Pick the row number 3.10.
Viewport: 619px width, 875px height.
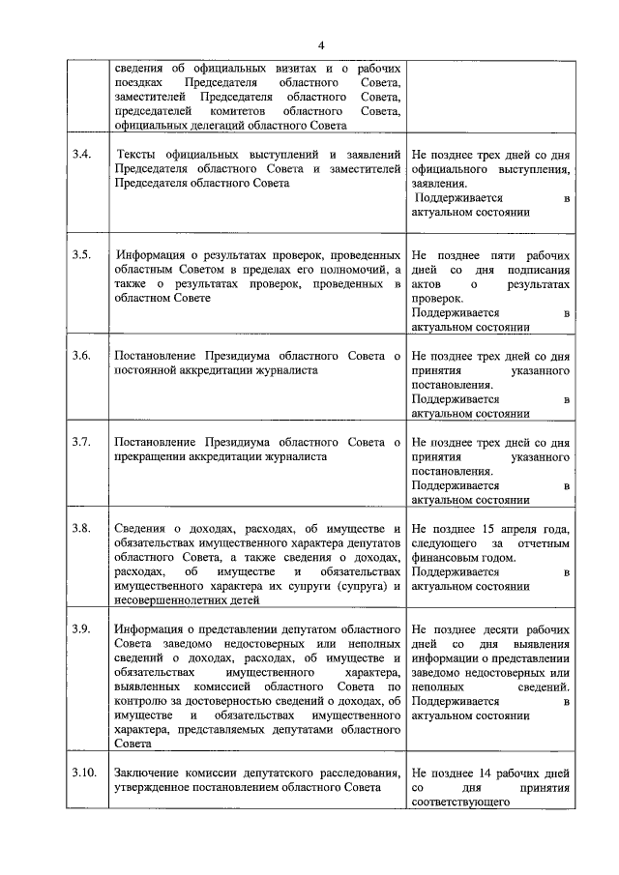(84, 773)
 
